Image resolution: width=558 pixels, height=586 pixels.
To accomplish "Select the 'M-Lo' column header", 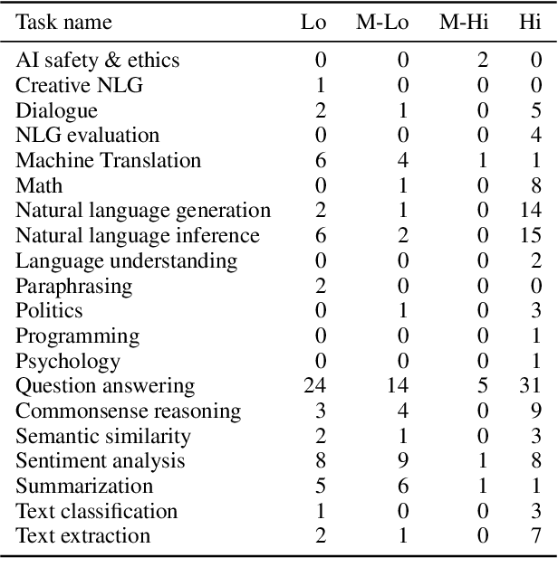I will [x=381, y=22].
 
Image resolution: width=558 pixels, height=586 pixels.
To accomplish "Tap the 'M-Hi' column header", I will [x=463, y=22].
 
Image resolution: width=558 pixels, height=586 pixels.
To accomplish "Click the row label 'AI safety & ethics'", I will [x=98, y=61].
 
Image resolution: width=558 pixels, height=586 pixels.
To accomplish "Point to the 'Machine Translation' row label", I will [x=108, y=161].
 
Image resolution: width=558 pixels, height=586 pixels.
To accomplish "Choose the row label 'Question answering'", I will [x=105, y=386].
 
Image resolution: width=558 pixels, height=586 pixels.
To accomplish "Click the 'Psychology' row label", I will [x=68, y=362].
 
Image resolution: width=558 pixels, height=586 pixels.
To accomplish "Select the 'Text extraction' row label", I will [x=82, y=536].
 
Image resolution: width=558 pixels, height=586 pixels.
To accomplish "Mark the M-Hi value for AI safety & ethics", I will [x=483, y=61].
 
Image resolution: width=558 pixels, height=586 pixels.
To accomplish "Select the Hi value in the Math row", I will [x=536, y=186].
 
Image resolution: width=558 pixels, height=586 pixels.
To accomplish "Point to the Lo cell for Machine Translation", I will [x=320, y=161].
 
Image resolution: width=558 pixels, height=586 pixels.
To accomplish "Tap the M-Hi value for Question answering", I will [x=483, y=386].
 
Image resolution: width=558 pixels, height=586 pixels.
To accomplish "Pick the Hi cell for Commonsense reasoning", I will [x=536, y=411].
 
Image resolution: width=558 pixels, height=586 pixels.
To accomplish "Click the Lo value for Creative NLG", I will [x=320, y=86].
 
